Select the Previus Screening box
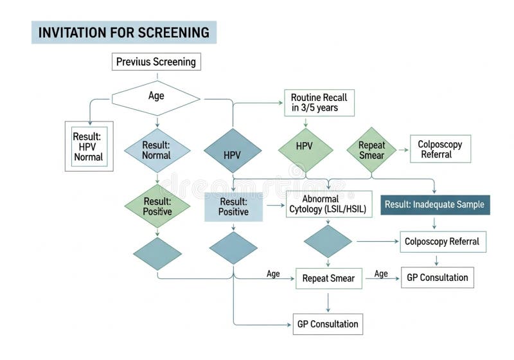coord(157,62)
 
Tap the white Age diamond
coord(156,98)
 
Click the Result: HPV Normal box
coord(89,146)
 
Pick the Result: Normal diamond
coord(157,150)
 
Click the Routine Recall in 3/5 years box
coord(319,103)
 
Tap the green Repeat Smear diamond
coord(371,150)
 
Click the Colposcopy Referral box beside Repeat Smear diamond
coord(440,149)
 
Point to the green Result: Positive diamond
coord(157,206)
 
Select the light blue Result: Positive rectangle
coord(233,206)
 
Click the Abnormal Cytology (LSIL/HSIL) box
coord(328,204)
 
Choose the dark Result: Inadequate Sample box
coord(435,204)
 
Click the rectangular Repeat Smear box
coord(328,278)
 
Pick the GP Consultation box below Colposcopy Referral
coord(438,278)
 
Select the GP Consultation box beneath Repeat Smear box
coord(328,324)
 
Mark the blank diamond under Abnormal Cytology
coord(328,241)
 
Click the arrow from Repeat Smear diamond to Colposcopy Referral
coord(403,150)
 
